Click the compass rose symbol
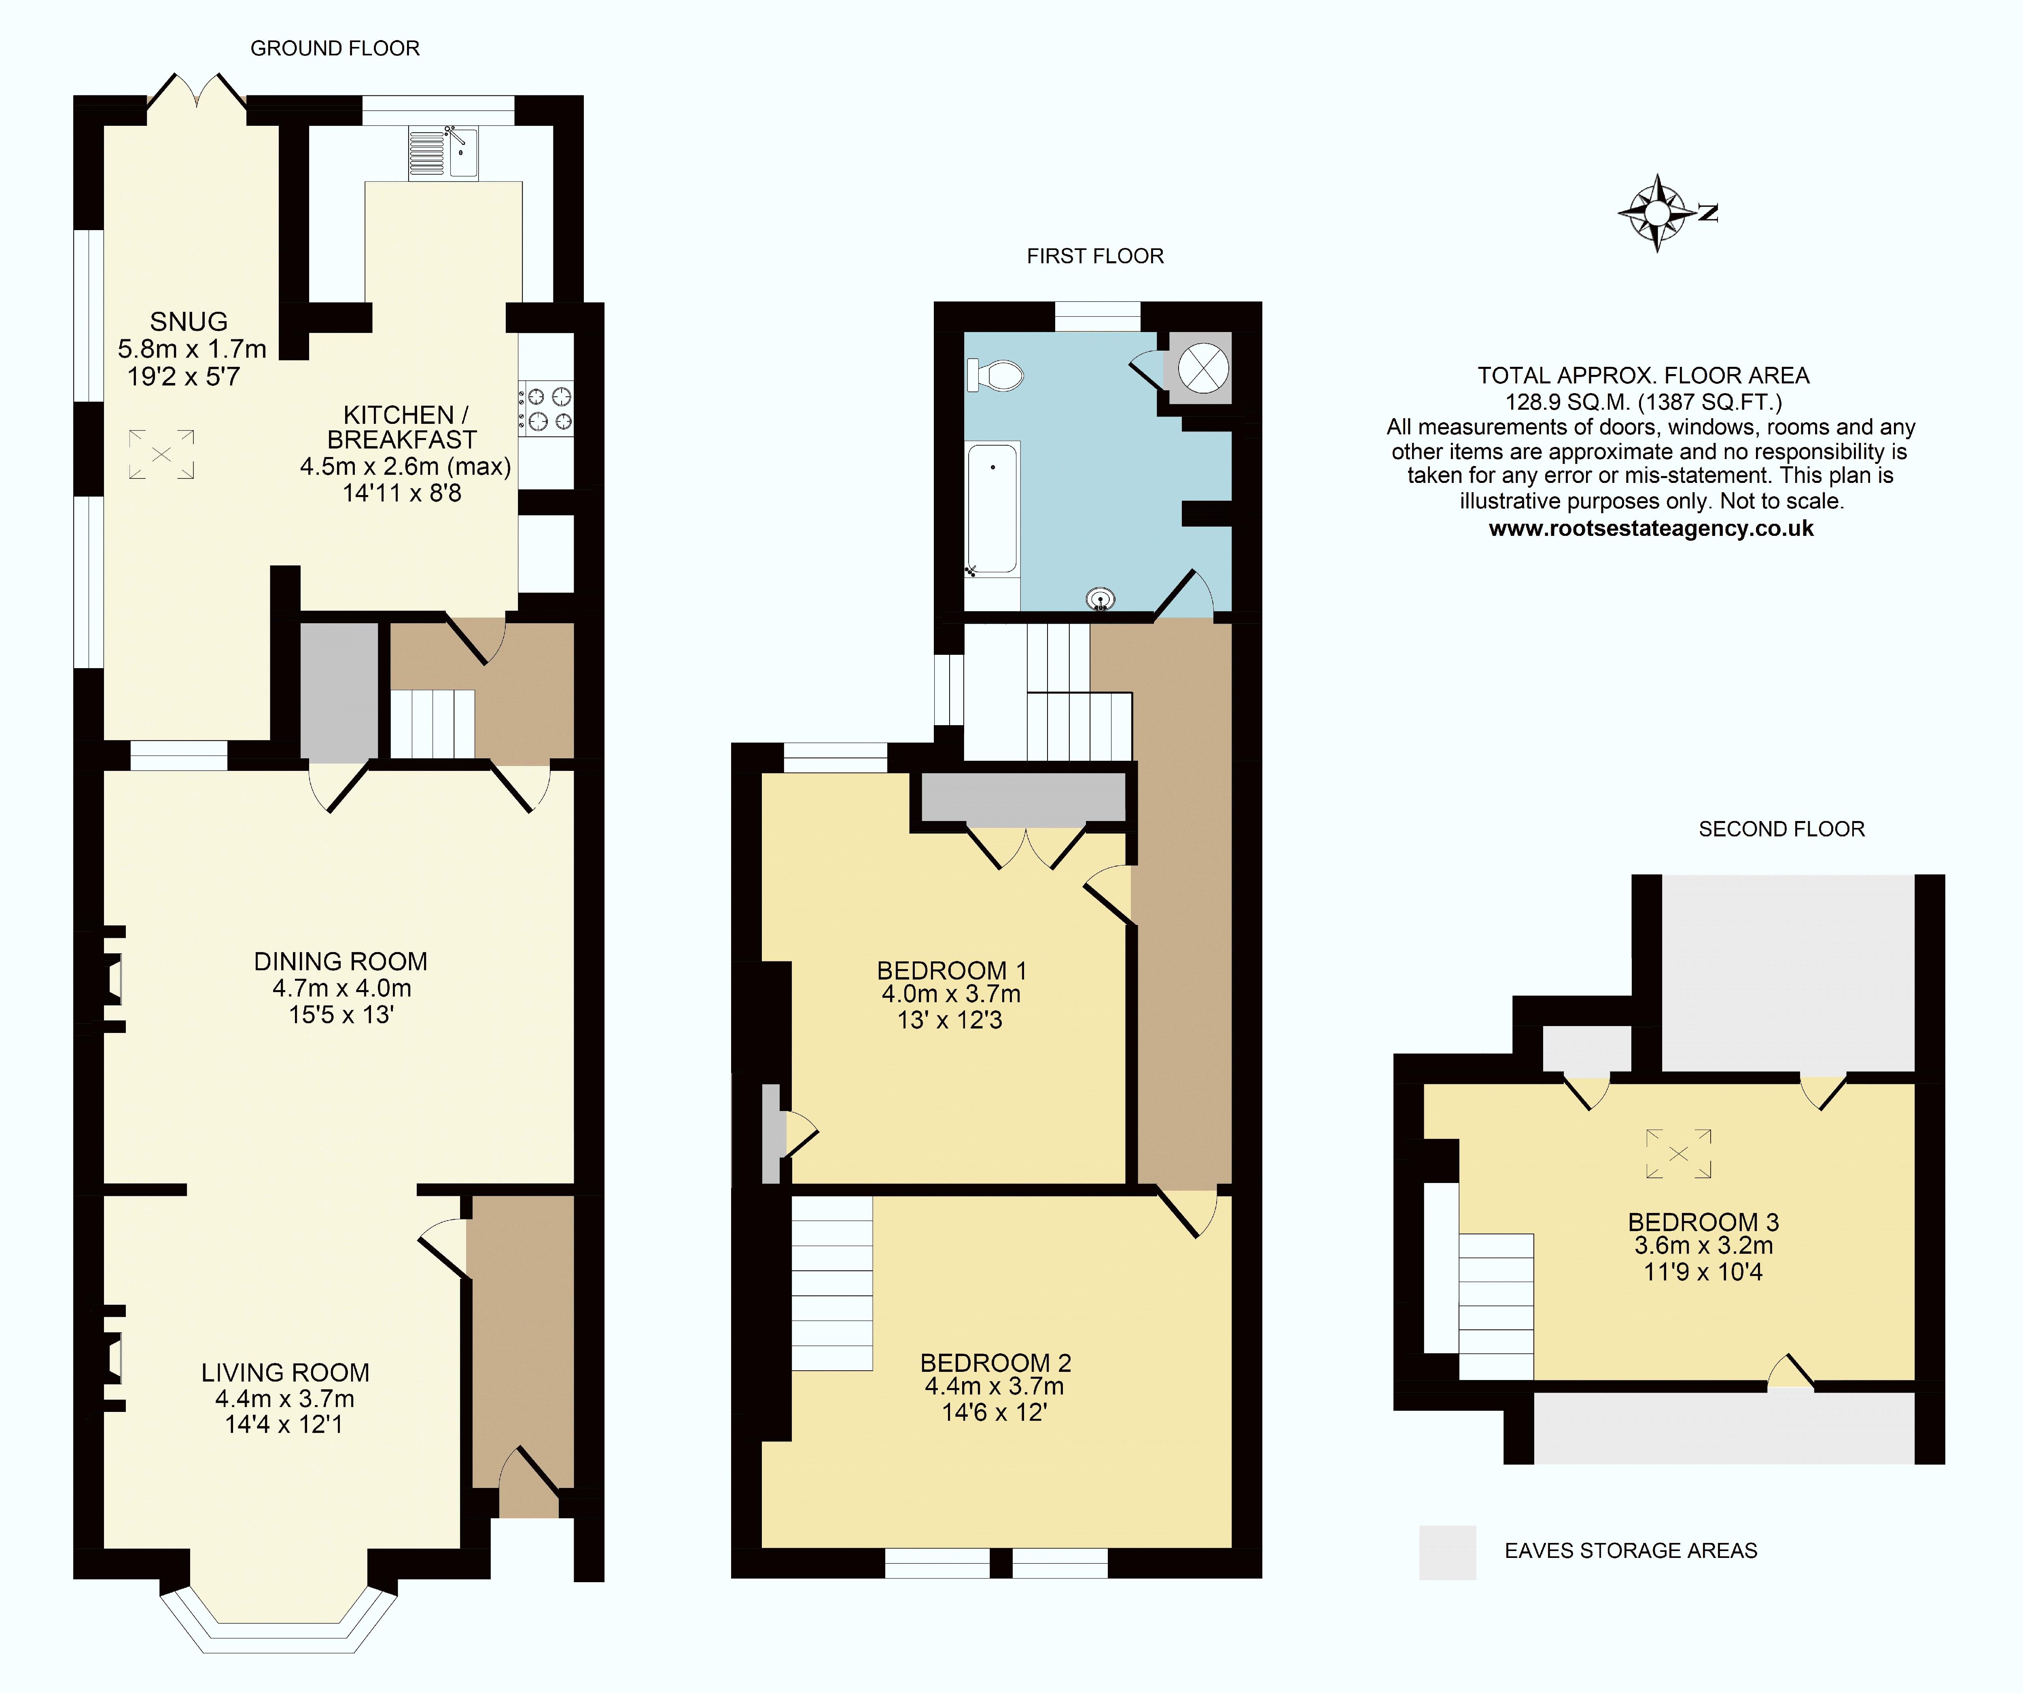pos(1657,213)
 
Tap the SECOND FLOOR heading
pos(1781,829)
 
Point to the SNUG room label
pos(189,322)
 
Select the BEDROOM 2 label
pos(995,1363)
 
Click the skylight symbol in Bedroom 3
pos(1678,1154)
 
